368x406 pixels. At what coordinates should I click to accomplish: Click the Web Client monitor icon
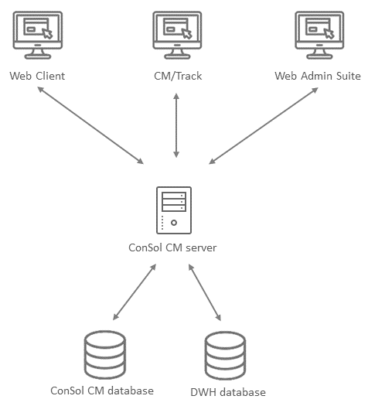[x=38, y=35]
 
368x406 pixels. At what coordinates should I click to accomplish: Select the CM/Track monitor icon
[x=177, y=35]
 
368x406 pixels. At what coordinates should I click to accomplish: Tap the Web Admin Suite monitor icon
[x=319, y=35]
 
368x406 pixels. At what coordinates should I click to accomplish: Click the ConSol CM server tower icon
[x=174, y=210]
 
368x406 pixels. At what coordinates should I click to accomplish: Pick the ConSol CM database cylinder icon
[x=105, y=354]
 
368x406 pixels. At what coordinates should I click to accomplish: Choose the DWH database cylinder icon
[x=225, y=355]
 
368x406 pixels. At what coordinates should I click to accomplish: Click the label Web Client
[x=37, y=76]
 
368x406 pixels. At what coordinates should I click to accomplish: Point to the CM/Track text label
[x=178, y=76]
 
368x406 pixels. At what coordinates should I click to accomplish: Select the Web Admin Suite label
[x=318, y=76]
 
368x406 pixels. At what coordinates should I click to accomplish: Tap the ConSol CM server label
[x=172, y=247]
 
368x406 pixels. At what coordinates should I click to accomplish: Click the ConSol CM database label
[x=102, y=391]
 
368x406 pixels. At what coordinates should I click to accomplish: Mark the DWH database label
[x=228, y=392]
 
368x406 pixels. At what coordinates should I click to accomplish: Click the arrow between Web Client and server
[x=90, y=125]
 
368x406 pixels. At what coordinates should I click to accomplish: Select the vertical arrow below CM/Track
[x=176, y=125]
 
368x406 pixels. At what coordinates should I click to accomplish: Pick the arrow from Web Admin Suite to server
[x=264, y=126]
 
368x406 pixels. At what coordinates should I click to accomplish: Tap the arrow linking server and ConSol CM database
[x=135, y=292]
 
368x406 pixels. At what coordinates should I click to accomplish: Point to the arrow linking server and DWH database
[x=205, y=292]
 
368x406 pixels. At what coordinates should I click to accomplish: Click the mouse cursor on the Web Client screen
[x=47, y=33]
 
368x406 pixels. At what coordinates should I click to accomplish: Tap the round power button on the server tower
[x=174, y=223]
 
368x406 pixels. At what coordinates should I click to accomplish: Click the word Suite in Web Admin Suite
[x=349, y=76]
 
